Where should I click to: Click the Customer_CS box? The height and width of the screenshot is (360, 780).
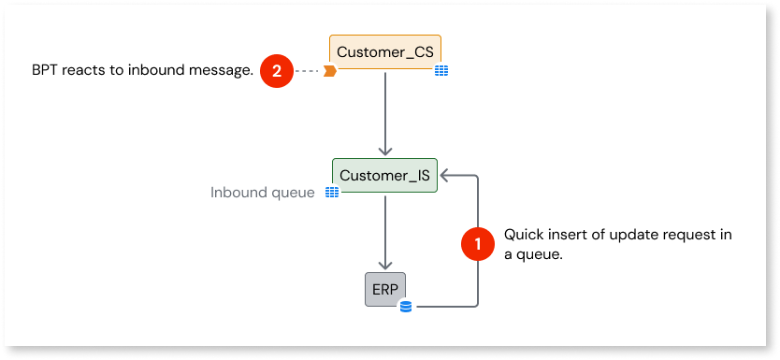pyautogui.click(x=385, y=52)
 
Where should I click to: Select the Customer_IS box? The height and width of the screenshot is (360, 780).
pyautogui.click(x=385, y=175)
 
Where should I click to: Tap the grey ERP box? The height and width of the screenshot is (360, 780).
pyautogui.click(x=385, y=289)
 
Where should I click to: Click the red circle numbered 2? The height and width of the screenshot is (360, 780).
pyautogui.click(x=276, y=70)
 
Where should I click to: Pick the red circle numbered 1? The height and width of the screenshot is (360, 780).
pyautogui.click(x=479, y=244)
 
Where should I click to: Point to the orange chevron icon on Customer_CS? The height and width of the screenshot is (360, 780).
pyautogui.click(x=330, y=70)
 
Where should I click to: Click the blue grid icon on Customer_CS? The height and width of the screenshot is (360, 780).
pyautogui.click(x=441, y=70)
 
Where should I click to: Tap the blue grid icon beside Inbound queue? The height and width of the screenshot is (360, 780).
pyautogui.click(x=331, y=193)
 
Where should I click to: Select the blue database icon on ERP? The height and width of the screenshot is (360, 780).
pyautogui.click(x=405, y=306)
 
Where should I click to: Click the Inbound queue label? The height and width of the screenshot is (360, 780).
pyautogui.click(x=262, y=193)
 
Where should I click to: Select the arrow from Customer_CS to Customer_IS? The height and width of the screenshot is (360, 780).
pyautogui.click(x=385, y=112)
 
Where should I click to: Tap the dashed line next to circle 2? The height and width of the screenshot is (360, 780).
pyautogui.click(x=307, y=70)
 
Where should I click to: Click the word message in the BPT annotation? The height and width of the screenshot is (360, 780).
pyautogui.click(x=223, y=70)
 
